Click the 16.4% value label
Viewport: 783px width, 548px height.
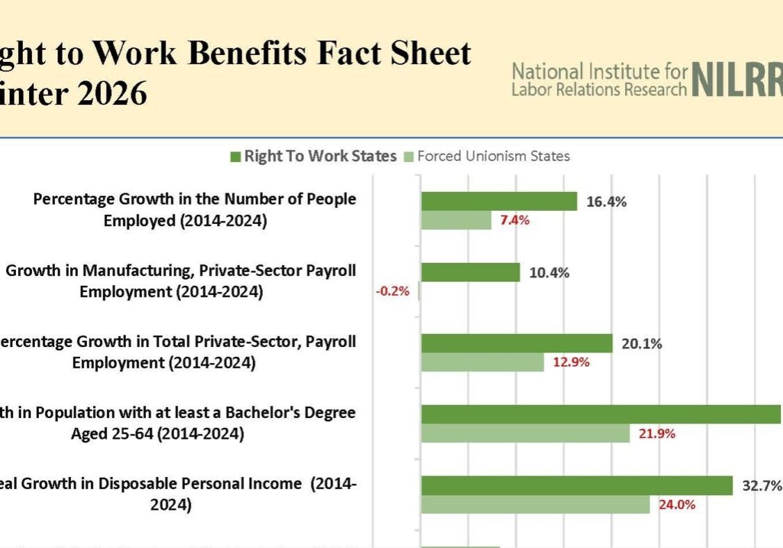tap(607, 202)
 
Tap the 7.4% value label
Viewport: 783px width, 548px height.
tap(515, 220)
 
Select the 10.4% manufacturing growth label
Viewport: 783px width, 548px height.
tap(549, 273)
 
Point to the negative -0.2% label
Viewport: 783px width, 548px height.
tap(393, 291)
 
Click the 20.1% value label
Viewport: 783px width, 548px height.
tap(642, 344)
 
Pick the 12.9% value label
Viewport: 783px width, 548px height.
tap(571, 362)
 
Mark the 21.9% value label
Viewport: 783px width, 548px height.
tap(656, 433)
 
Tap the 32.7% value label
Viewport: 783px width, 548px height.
tap(762, 485)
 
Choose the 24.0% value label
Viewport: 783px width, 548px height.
tap(677, 504)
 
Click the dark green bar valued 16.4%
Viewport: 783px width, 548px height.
tap(499, 202)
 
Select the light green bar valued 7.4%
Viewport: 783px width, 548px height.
tap(455, 220)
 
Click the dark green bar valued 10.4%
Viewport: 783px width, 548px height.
tap(470, 273)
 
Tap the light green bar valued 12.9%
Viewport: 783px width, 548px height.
tap(482, 362)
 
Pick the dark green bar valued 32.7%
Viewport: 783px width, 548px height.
tap(576, 485)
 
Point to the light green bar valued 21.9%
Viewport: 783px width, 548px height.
tap(525, 433)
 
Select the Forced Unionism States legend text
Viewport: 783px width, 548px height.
tap(493, 156)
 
